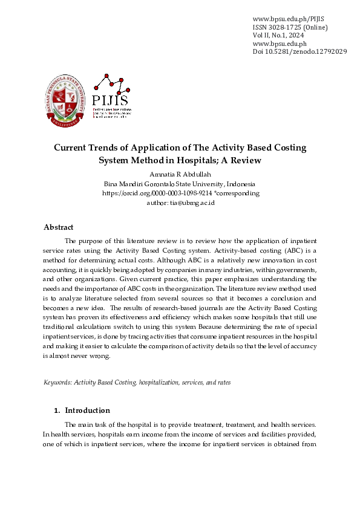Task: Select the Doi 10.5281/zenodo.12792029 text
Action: [299, 52]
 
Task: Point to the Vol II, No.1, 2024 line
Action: [278, 36]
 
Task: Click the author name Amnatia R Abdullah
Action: [180, 174]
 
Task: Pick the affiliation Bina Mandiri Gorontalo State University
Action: [180, 184]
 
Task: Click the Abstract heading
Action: [59, 227]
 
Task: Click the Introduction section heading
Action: [87, 410]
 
